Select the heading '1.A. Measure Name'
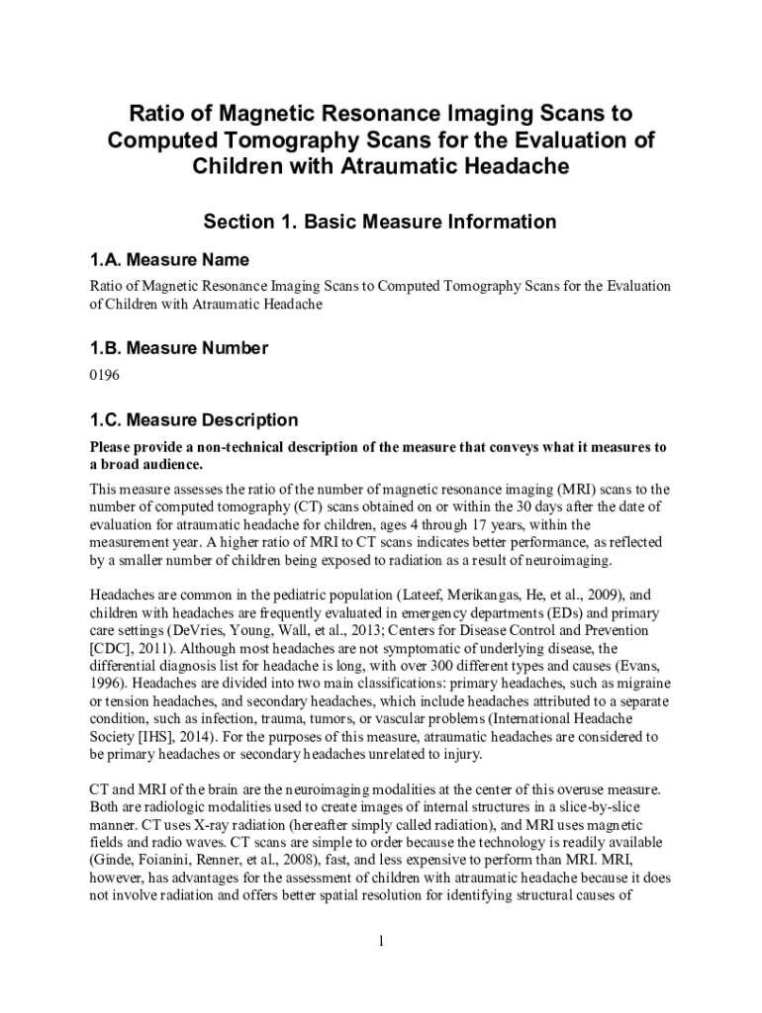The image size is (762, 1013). [x=169, y=260]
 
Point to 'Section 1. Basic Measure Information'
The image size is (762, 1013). [x=380, y=222]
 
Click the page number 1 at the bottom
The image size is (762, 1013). [x=380, y=940]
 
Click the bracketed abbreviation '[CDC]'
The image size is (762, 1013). [x=111, y=648]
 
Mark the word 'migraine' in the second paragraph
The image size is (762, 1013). [x=637, y=684]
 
